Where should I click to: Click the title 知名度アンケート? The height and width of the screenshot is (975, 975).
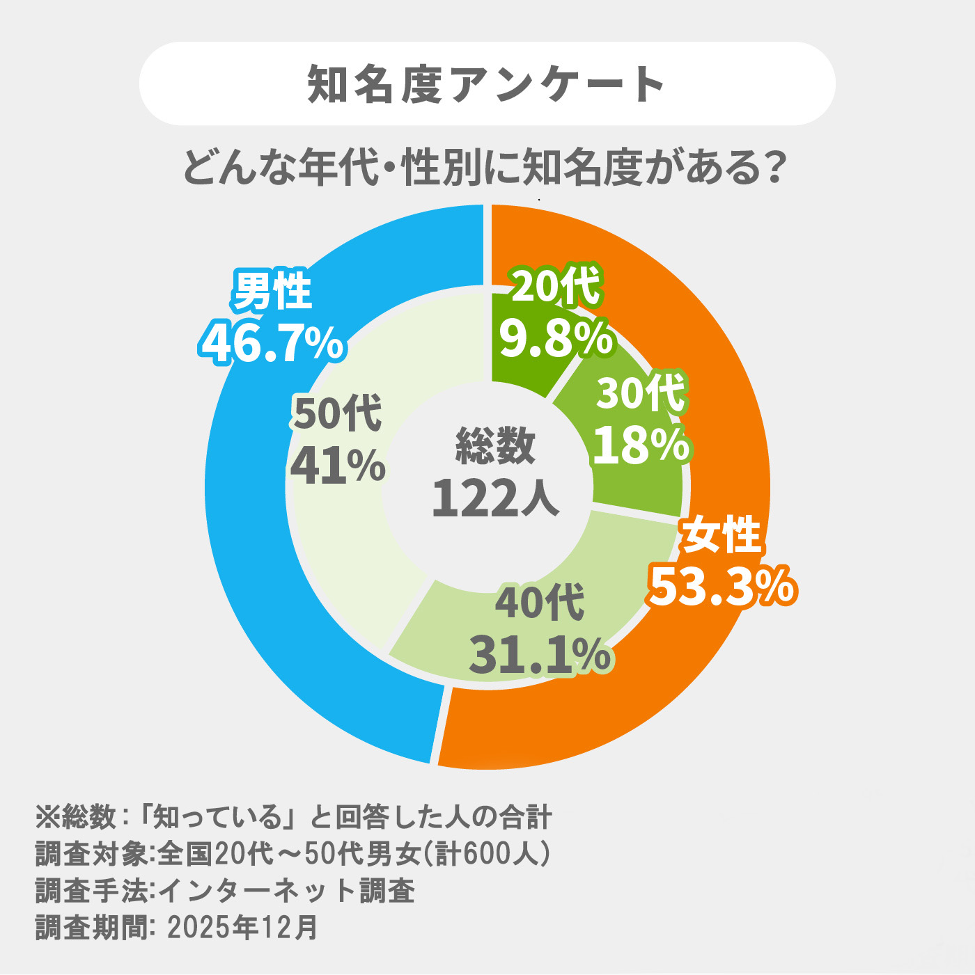pos(486,84)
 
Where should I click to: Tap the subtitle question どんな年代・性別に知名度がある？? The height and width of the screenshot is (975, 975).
pos(486,167)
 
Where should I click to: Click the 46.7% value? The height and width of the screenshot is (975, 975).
pos(271,344)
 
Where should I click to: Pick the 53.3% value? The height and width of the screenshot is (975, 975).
pos(724,587)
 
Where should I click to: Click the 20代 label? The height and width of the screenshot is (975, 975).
pos(556,287)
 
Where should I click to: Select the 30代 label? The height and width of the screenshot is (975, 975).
pos(641,393)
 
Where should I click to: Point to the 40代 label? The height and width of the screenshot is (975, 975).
pos(540,603)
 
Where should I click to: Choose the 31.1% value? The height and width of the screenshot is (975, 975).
pos(540,655)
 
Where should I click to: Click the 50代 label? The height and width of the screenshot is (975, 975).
pos(337,414)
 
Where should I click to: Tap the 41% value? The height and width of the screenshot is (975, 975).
pos(337,466)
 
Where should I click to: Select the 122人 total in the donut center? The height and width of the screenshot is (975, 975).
pos(495,498)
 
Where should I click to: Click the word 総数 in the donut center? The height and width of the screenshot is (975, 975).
pos(495,445)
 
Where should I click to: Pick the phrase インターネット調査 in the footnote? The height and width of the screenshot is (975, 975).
pos(287,891)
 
